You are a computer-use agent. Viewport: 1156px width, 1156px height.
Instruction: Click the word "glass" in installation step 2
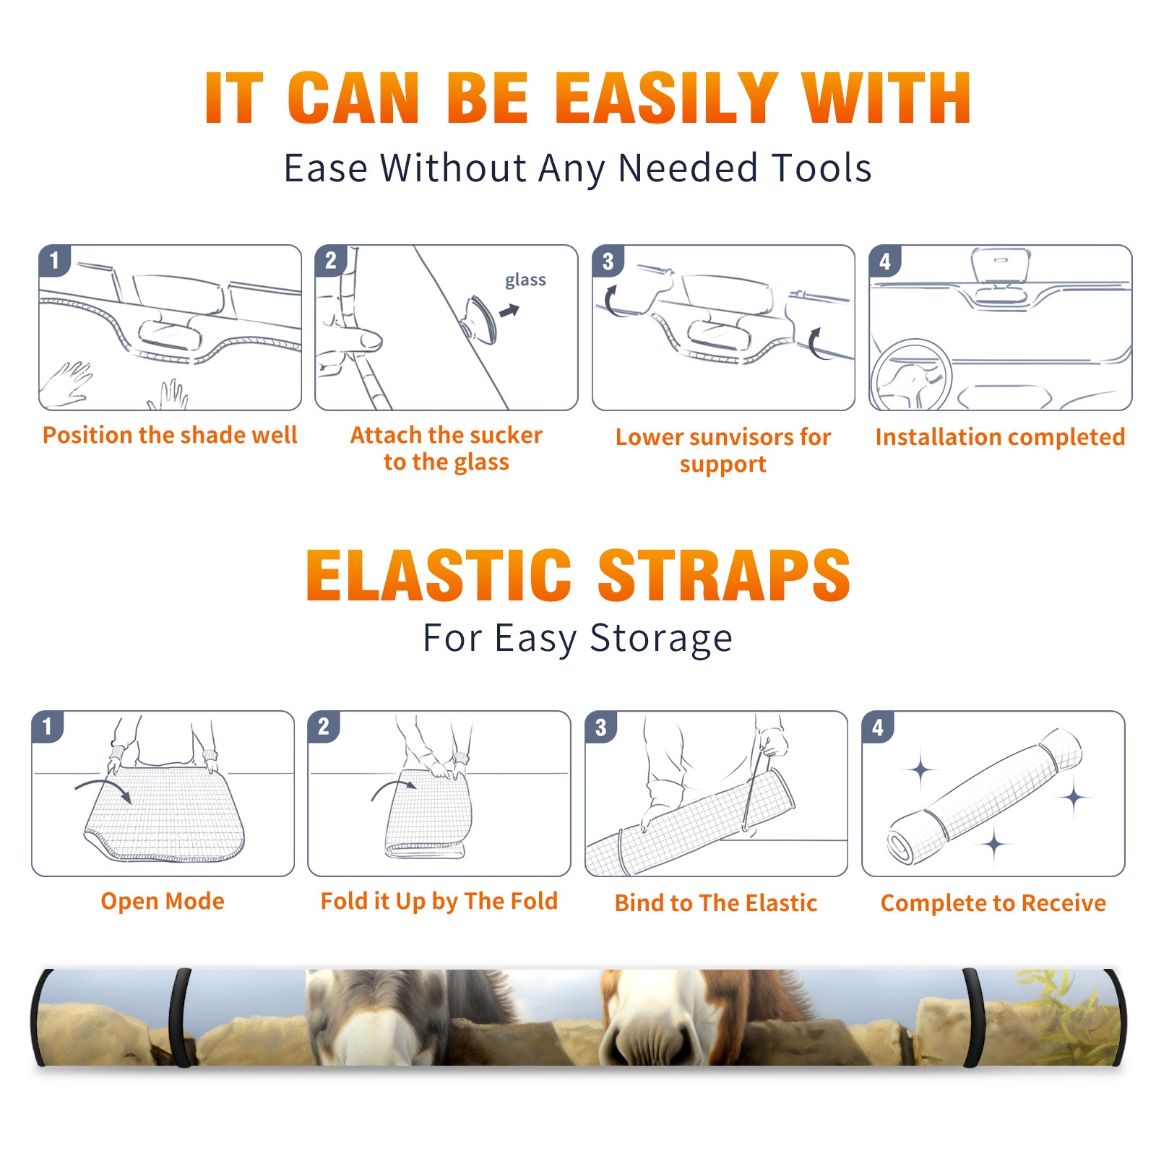point(525,280)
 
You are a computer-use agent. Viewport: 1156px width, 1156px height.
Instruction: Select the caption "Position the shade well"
point(170,435)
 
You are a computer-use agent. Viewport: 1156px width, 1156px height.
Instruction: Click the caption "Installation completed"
point(1000,436)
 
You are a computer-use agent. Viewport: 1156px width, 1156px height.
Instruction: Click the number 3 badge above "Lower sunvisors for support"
point(608,262)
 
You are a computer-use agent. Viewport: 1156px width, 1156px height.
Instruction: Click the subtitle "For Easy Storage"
point(578,639)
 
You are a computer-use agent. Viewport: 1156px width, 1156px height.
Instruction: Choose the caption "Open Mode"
point(163,901)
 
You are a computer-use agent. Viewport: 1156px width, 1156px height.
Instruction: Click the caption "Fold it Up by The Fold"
point(439,901)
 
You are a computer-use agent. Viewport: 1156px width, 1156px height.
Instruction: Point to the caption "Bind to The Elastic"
point(716,903)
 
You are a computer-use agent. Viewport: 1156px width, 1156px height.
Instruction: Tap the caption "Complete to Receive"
point(993,903)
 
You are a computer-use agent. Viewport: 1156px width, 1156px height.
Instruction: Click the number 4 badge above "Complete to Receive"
point(878,727)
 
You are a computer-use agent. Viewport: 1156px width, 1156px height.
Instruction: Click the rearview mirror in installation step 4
point(1001,264)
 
